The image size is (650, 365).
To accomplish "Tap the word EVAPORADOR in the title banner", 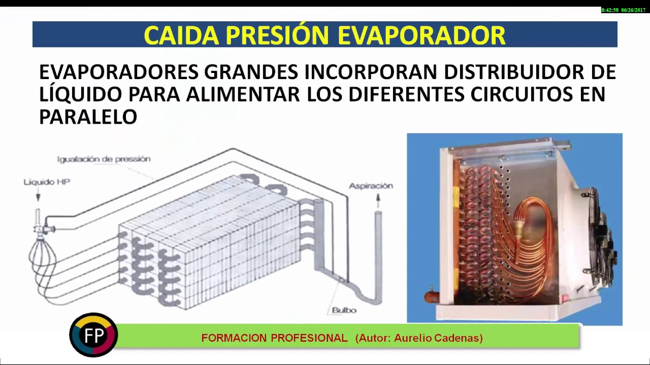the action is tap(421, 35).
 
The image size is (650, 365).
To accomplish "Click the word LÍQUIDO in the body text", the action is tap(80, 93).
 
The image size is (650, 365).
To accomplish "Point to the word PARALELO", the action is tap(88, 117).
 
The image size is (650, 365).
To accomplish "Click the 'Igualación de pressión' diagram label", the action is tap(104, 159).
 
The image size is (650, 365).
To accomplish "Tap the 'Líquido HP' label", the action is tap(47, 182).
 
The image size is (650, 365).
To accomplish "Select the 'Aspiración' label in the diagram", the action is tap(371, 186).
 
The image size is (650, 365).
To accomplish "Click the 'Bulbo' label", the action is tap(344, 310).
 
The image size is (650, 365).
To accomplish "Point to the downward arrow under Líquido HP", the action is tap(38, 196).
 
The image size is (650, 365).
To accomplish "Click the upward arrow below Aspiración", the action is tap(378, 200).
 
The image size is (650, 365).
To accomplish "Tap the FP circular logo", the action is tap(93, 335).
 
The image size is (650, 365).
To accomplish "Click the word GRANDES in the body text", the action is tap(251, 72).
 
